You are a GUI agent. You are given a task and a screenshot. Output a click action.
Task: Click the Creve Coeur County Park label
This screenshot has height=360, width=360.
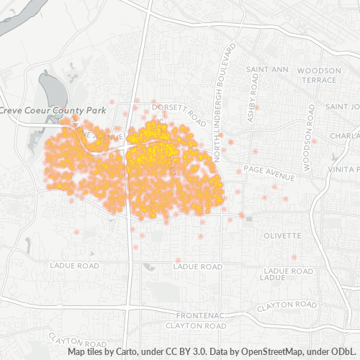[x=54, y=110]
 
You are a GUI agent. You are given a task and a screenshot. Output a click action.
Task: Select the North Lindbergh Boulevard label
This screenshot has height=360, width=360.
[x=222, y=86]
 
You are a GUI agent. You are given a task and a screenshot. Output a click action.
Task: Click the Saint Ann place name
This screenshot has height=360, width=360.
[x=267, y=70]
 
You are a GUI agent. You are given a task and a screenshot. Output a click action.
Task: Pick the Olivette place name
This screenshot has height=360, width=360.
[x=282, y=235]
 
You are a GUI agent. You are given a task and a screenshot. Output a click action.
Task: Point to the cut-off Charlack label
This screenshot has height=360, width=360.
[x=344, y=135]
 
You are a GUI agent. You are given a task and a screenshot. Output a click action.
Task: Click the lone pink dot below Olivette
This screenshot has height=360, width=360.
[x=294, y=257]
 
